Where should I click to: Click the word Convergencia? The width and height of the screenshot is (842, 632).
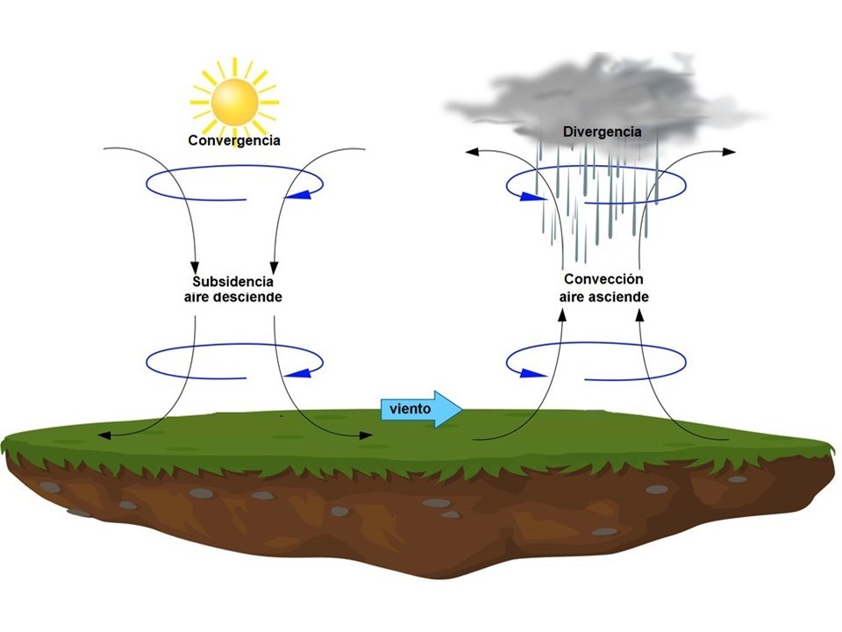(233, 140)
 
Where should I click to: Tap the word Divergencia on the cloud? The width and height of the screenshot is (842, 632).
(602, 132)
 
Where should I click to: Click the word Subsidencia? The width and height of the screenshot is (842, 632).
(232, 283)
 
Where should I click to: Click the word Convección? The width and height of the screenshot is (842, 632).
(603, 280)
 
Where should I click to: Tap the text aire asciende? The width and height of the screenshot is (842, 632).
(603, 297)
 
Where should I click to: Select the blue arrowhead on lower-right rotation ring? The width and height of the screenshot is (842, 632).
(529, 373)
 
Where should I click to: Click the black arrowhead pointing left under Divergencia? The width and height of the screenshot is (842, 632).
(471, 152)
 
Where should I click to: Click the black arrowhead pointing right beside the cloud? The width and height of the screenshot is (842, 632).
(730, 152)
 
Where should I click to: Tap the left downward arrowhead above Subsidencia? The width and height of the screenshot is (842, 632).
(195, 266)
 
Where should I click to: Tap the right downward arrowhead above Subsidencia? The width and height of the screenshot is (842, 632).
(275, 266)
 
